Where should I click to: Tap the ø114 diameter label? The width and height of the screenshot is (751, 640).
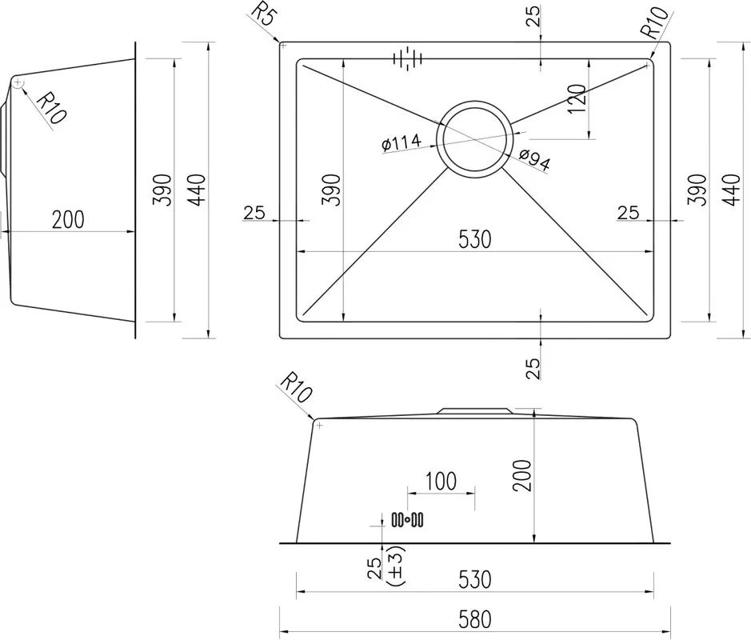click(401, 142)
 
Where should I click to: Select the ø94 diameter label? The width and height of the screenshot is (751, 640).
click(534, 160)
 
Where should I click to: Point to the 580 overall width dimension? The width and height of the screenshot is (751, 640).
click(474, 619)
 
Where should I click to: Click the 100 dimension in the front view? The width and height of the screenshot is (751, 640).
click(441, 482)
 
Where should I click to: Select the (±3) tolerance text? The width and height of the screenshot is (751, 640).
click(395, 566)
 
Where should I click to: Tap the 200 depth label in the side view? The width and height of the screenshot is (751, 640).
click(68, 220)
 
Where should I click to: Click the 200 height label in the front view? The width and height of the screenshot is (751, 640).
click(522, 475)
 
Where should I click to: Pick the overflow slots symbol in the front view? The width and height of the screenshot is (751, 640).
click(407, 519)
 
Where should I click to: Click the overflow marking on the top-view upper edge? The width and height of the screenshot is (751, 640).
click(408, 58)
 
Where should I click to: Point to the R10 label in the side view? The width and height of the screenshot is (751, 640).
click(51, 108)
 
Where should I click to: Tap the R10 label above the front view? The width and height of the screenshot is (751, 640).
click(295, 388)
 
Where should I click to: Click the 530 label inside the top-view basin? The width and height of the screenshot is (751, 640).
click(474, 239)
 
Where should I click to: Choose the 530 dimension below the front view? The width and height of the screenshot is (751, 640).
click(474, 580)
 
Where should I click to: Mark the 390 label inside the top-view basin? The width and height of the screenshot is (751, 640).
click(331, 190)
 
